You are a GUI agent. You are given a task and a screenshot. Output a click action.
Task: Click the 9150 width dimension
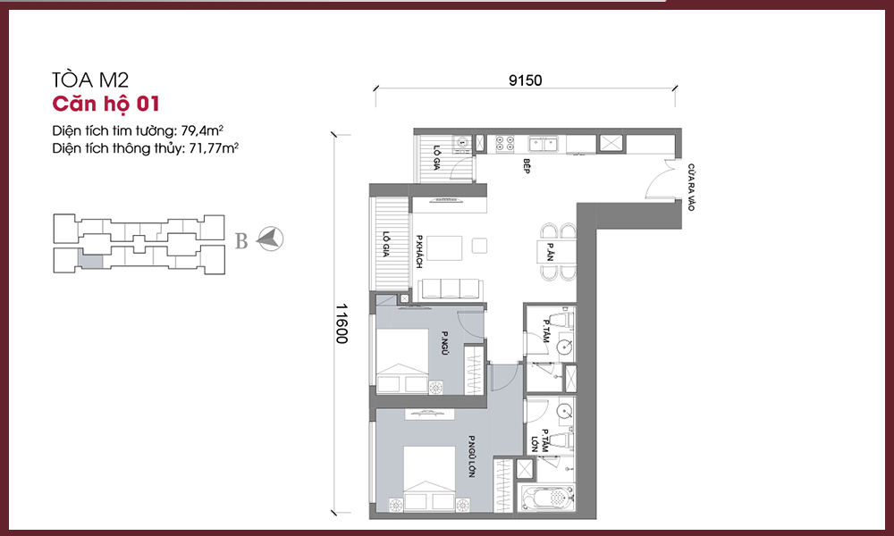point(525,80)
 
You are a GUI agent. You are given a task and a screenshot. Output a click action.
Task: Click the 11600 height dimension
point(342,323)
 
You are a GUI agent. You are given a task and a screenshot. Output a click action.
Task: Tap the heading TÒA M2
point(90,80)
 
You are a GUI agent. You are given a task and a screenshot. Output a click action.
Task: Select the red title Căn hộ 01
point(105,104)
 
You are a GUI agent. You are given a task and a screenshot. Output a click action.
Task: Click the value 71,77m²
point(214,148)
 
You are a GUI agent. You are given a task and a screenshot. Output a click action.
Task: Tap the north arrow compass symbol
point(270,239)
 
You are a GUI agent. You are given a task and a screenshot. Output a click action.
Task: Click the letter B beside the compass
point(241,241)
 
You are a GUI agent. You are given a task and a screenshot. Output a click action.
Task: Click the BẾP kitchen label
point(527,166)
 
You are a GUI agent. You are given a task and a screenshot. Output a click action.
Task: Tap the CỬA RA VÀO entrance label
point(691,188)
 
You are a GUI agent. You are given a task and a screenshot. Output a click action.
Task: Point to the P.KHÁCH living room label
point(419,252)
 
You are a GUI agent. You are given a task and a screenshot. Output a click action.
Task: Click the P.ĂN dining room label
point(550,252)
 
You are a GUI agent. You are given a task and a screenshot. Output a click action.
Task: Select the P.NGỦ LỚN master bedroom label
point(471,456)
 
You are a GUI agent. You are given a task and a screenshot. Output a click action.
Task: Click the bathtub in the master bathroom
point(546,498)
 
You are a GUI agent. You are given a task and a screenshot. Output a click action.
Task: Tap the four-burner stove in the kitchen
point(504,142)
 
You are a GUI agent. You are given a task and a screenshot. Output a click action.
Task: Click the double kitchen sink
point(543,144)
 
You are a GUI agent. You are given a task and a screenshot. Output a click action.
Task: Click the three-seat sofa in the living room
point(451,289)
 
